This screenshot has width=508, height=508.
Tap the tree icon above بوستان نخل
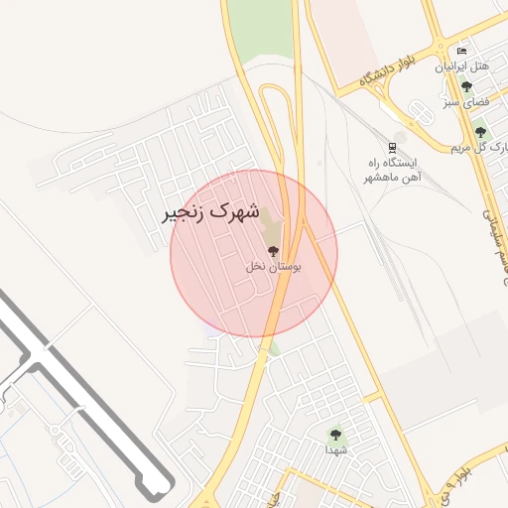(x=273, y=251)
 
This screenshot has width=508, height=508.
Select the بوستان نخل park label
(x=274, y=266)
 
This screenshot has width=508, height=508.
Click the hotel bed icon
(x=460, y=51)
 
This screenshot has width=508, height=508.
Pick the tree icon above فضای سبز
(x=466, y=86)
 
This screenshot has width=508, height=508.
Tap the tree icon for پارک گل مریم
(x=480, y=132)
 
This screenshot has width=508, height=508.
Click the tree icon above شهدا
(x=335, y=433)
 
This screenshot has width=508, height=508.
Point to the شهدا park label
(x=336, y=449)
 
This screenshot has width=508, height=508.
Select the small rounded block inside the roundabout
(x=420, y=114)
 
